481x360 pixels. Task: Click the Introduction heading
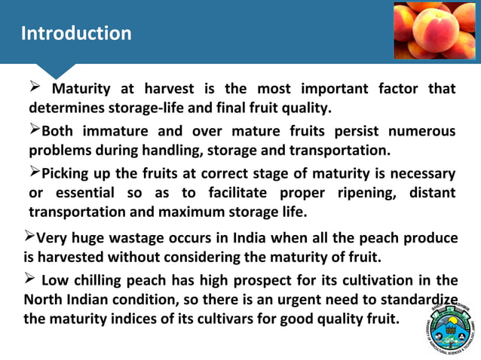[x=76, y=34]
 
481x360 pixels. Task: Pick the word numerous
[x=417, y=131]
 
